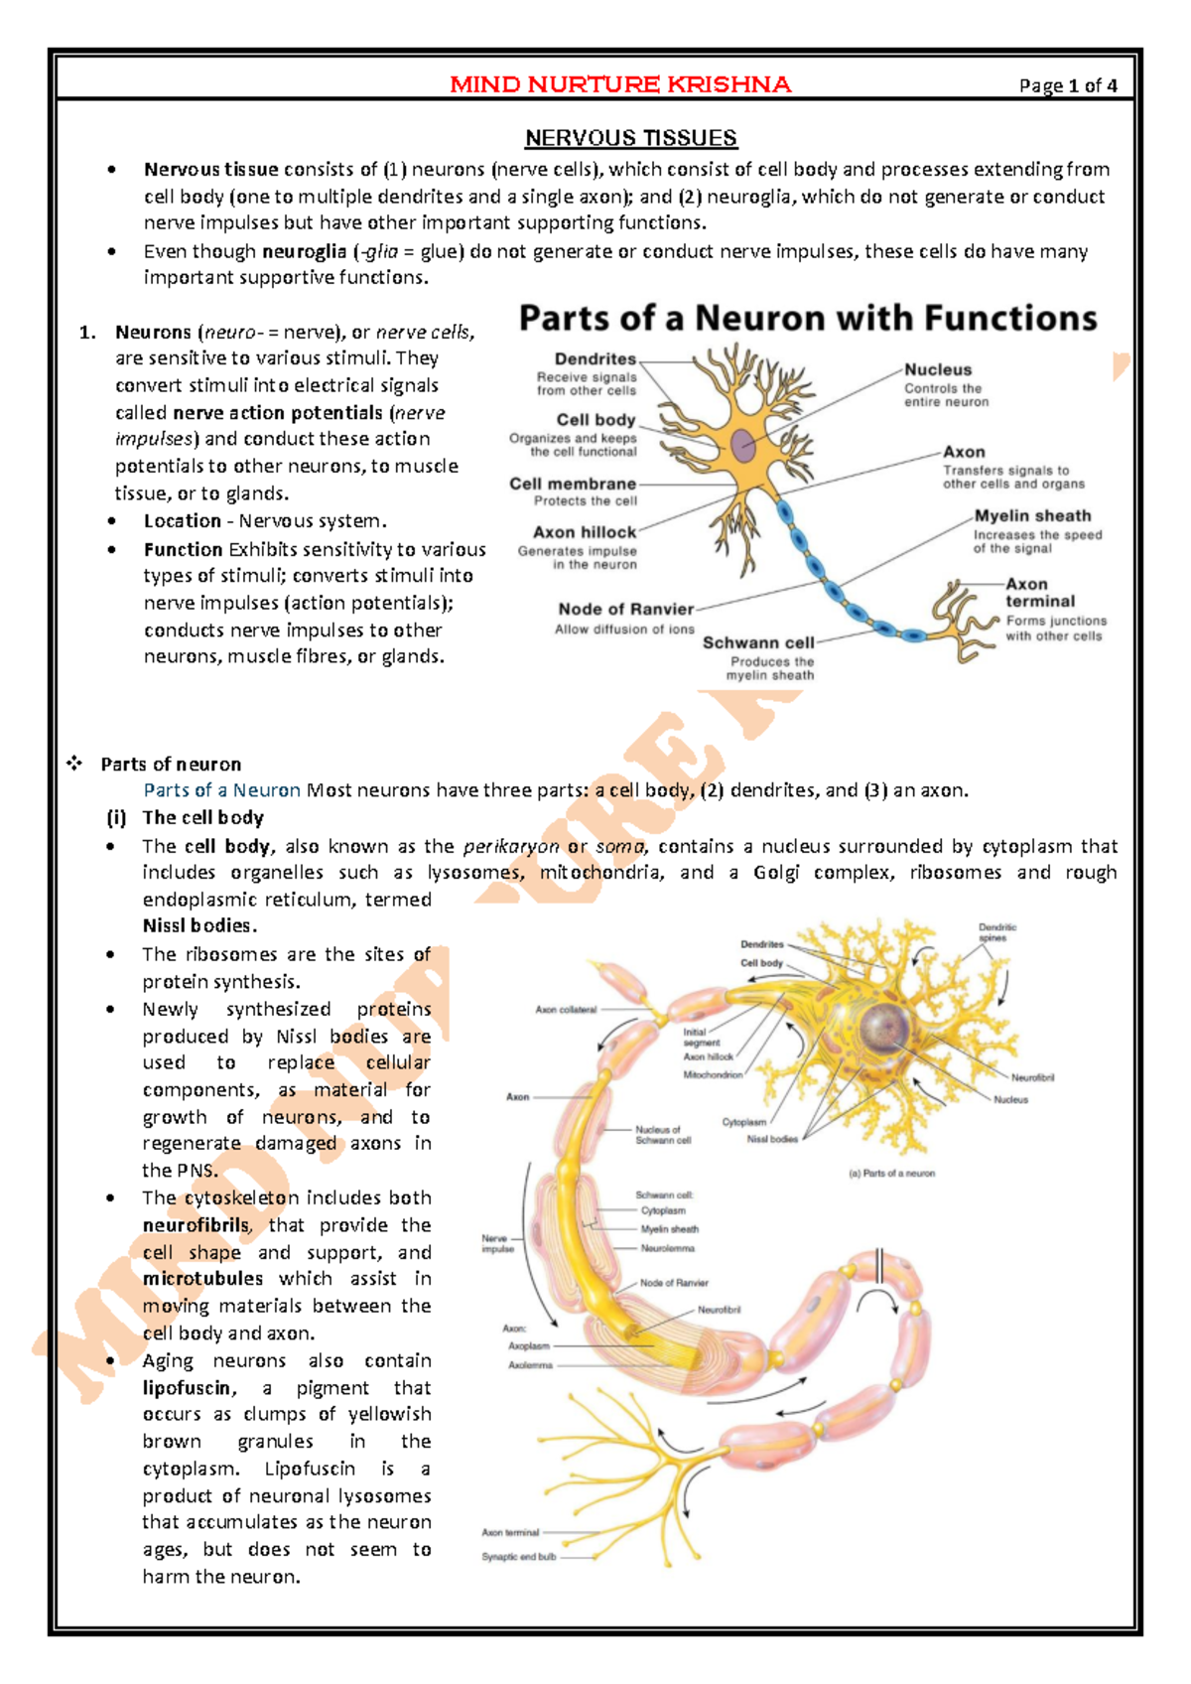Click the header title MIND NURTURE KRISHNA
point(620,84)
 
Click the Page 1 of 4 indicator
point(1068,86)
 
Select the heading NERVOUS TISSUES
point(630,138)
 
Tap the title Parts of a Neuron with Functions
point(808,318)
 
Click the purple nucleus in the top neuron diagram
point(744,446)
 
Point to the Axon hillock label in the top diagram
point(585,532)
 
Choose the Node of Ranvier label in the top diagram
point(625,609)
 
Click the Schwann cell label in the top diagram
point(758,642)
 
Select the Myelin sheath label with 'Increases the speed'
point(1032,516)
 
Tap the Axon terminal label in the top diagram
point(1039,593)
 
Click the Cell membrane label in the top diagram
point(573,484)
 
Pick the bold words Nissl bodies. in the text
point(199,925)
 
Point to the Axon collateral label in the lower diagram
point(566,1010)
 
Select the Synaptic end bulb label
point(518,1557)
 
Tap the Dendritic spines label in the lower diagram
point(996,932)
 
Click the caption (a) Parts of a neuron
point(890,1173)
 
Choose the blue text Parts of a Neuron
point(221,790)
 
